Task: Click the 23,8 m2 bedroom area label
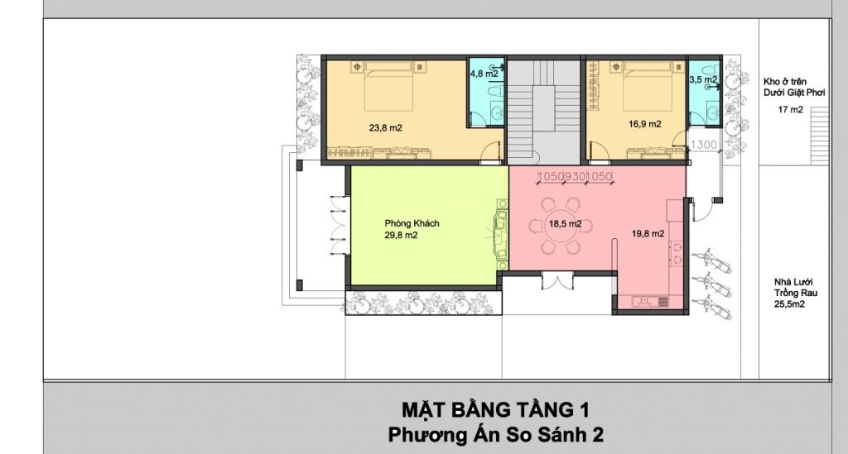pyautogui.click(x=385, y=128)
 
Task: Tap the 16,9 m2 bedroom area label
pyautogui.click(x=644, y=123)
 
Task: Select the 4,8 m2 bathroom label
pyautogui.click(x=484, y=74)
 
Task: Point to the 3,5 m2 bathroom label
pyautogui.click(x=703, y=79)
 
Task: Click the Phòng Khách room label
pyautogui.click(x=412, y=223)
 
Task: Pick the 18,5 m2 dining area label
pyautogui.click(x=565, y=223)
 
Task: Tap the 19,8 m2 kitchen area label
pyautogui.click(x=648, y=233)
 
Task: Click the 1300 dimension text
pyautogui.click(x=704, y=145)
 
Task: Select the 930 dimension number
pyautogui.click(x=575, y=176)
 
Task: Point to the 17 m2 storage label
pyautogui.click(x=790, y=110)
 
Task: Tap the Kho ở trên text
pyautogui.click(x=785, y=82)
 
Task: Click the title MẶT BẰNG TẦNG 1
pyautogui.click(x=495, y=409)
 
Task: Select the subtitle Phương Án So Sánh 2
pyautogui.click(x=495, y=434)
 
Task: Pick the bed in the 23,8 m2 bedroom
pyautogui.click(x=389, y=86)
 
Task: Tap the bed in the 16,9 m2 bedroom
pyautogui.click(x=648, y=86)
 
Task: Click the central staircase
pyautogui.click(x=543, y=112)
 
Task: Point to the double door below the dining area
pyautogui.click(x=557, y=282)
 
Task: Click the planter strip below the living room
pyautogui.click(x=422, y=303)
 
